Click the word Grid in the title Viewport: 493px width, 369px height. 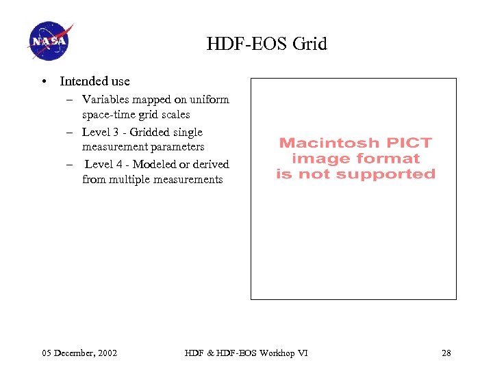(309, 44)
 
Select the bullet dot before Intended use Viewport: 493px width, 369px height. (44, 81)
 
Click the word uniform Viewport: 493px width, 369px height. (211, 100)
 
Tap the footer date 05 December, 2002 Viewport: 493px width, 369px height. (79, 353)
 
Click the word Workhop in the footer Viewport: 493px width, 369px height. (271, 353)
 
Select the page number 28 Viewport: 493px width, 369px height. (446, 353)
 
